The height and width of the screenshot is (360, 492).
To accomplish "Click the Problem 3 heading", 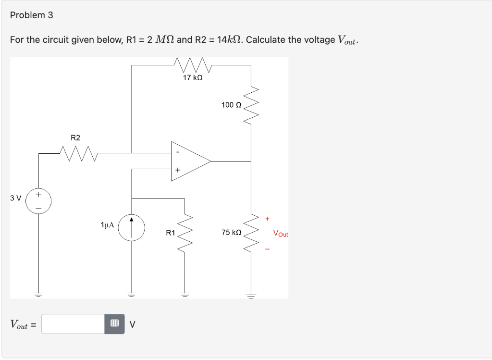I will click(32, 15).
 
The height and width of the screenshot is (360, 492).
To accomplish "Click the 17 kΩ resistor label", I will click(193, 77).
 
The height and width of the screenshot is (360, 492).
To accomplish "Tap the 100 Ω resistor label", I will click(231, 104).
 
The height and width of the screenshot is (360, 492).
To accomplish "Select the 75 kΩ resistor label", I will click(231, 233).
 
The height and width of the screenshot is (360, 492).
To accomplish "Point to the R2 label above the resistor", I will click(75, 138).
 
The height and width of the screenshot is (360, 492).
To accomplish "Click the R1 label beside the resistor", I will click(170, 233).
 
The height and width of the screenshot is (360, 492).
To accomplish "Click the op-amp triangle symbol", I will click(190, 161).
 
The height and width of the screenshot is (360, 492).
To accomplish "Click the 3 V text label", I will click(15, 198).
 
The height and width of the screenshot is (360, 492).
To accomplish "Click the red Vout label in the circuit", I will click(280, 234).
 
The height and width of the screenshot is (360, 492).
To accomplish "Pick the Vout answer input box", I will click(73, 324).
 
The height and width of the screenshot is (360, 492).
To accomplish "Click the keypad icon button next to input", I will click(114, 324).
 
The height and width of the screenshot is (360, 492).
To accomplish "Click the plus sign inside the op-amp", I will click(177, 170).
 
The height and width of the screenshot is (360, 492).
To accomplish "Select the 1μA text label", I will click(107, 224).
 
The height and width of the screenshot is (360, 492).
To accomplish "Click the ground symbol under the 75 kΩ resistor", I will click(251, 294).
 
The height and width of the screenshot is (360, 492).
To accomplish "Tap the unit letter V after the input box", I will click(133, 324).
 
